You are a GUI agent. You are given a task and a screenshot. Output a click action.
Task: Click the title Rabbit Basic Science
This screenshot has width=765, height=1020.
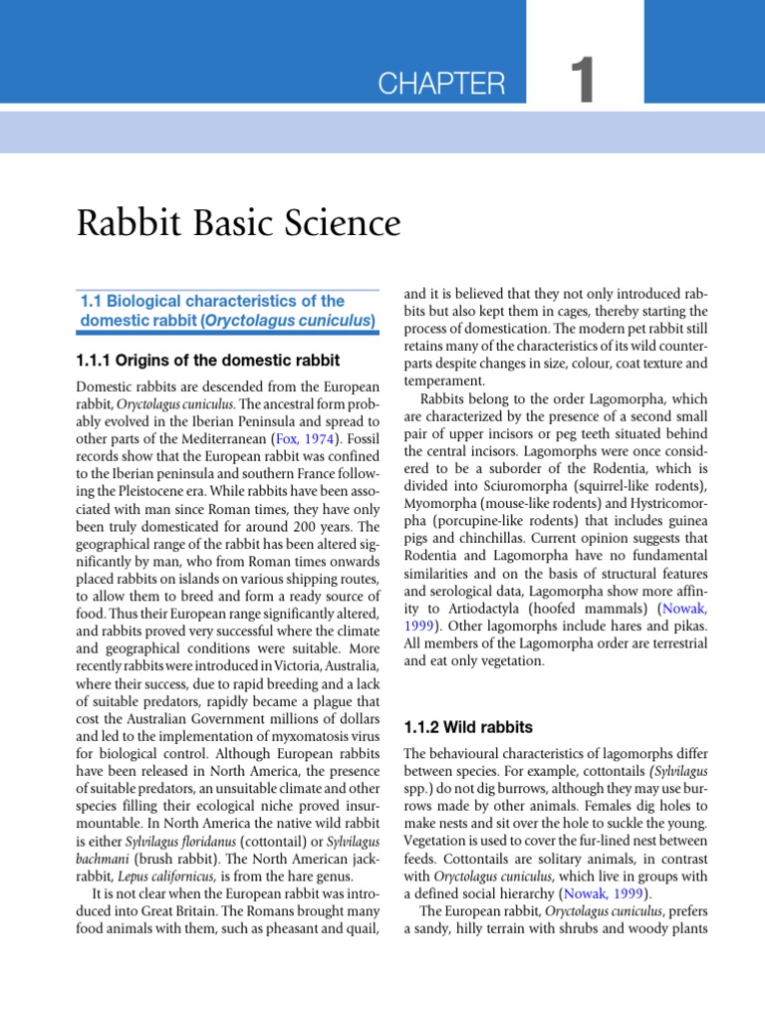click(x=238, y=223)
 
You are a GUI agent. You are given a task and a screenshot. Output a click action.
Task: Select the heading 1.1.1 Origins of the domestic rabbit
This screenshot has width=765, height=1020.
click(x=208, y=360)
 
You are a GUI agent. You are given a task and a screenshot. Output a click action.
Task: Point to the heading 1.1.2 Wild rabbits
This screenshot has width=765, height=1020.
click(x=457, y=727)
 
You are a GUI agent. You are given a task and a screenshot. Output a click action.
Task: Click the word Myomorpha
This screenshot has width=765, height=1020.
click(x=445, y=503)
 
